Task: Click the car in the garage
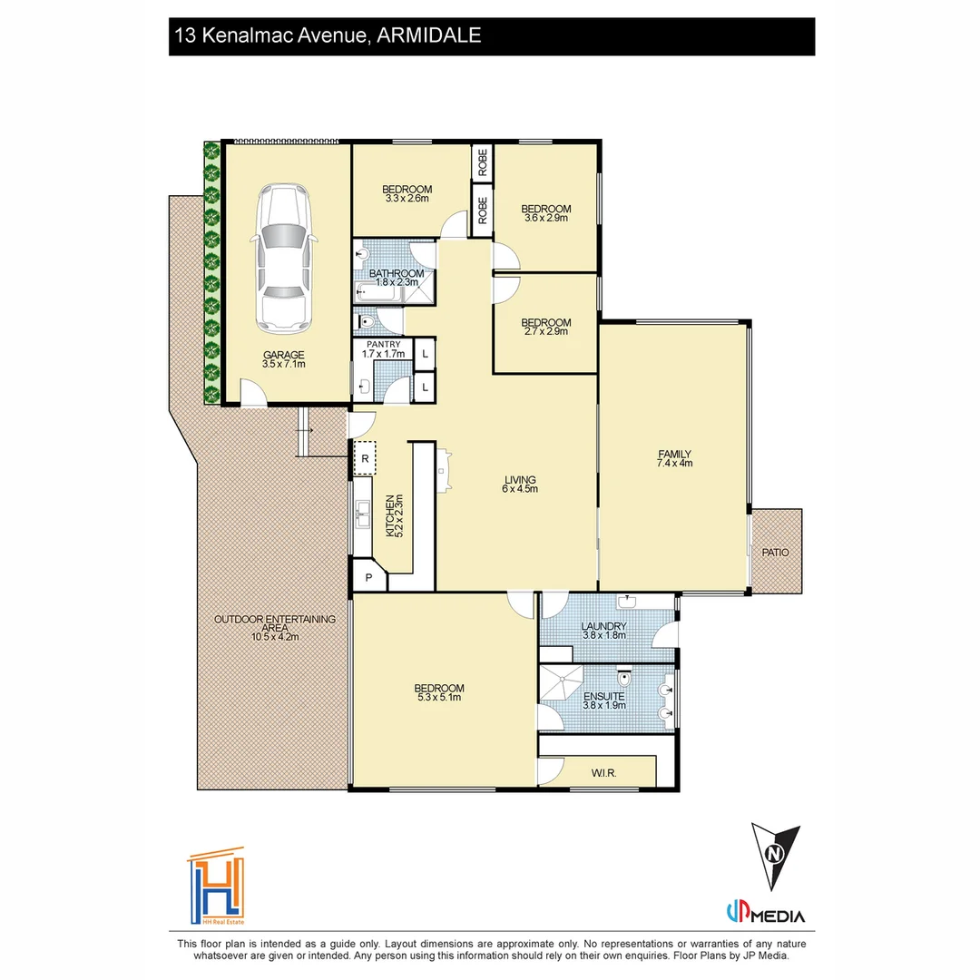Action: pyautogui.click(x=284, y=260)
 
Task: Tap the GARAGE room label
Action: pyautogui.click(x=284, y=355)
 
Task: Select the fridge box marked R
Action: pyautogui.click(x=365, y=458)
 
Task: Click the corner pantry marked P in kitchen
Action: pyautogui.click(x=368, y=577)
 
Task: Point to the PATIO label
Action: pyautogui.click(x=775, y=553)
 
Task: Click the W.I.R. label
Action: pyautogui.click(x=603, y=773)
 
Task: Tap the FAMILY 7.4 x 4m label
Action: pyautogui.click(x=674, y=459)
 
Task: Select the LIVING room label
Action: pyautogui.click(x=520, y=480)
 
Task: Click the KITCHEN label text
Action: pyautogui.click(x=390, y=515)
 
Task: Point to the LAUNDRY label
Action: pyautogui.click(x=603, y=626)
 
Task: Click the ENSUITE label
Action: pyautogui.click(x=604, y=696)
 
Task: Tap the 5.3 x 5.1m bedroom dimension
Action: pyautogui.click(x=439, y=698)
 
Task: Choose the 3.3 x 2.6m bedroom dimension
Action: pyautogui.click(x=407, y=199)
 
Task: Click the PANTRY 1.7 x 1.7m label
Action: pyautogui.click(x=384, y=349)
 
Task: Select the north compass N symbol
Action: pyautogui.click(x=775, y=855)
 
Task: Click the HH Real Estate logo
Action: pyautogui.click(x=216, y=886)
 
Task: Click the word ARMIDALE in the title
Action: pyautogui.click(x=428, y=35)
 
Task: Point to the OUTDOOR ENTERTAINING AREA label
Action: pyautogui.click(x=275, y=623)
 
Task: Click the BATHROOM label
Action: pyautogui.click(x=397, y=273)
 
